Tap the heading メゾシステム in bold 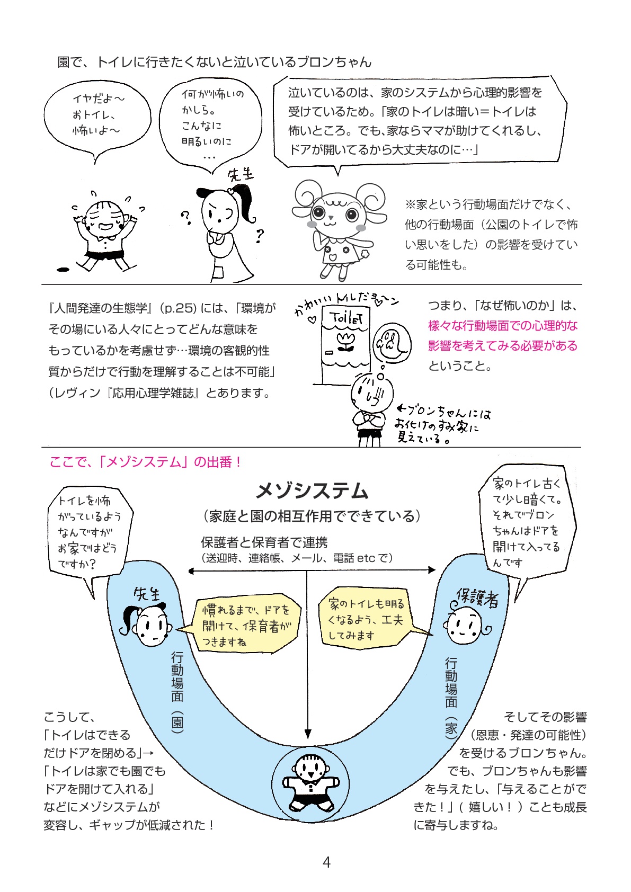point(312,491)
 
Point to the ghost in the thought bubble point(390,343)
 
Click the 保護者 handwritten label point(477,597)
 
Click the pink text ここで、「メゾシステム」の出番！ point(146,462)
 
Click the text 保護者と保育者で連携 point(264,542)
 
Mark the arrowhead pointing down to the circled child point(307,733)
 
